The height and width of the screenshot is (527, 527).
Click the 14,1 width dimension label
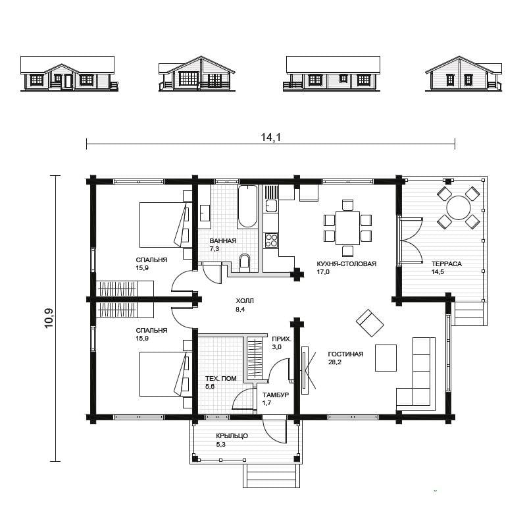click(x=271, y=137)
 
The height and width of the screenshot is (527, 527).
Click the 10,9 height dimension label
click(x=49, y=318)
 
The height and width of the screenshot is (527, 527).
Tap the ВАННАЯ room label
click(x=223, y=240)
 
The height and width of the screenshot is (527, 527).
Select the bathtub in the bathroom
click(x=247, y=206)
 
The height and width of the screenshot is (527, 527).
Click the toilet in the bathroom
click(x=245, y=262)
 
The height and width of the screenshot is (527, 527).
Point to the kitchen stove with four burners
click(x=271, y=240)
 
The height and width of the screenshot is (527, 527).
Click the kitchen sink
click(x=271, y=206)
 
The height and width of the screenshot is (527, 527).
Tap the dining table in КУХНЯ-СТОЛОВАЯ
click(x=347, y=228)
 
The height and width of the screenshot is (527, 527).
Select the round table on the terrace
click(x=458, y=208)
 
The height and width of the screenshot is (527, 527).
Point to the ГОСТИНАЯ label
click(x=345, y=354)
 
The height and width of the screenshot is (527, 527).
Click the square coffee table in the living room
click(x=386, y=358)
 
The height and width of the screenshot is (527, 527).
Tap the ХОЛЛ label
click(x=245, y=301)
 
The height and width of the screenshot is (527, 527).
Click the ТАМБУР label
click(x=276, y=395)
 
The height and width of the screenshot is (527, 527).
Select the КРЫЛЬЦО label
click(x=232, y=436)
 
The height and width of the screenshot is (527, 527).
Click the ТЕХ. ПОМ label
click(x=221, y=378)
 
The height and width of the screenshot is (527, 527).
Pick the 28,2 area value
click(x=334, y=362)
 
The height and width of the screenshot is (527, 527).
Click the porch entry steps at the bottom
click(x=271, y=476)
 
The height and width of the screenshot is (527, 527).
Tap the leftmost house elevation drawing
click(x=69, y=73)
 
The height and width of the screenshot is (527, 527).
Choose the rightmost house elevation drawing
click(x=464, y=73)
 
